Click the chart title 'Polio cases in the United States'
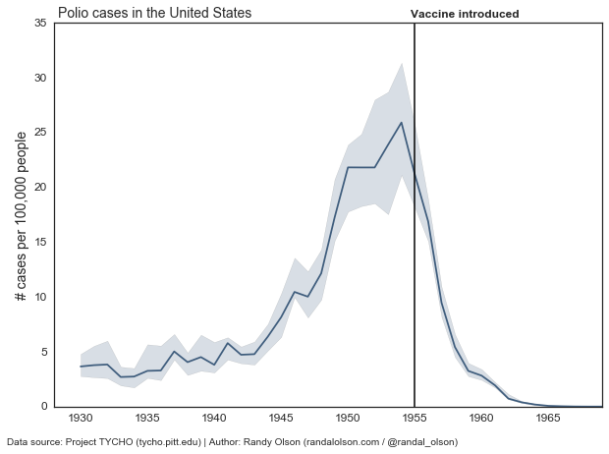point(154,13)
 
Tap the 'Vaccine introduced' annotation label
point(465,14)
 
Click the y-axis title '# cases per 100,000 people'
point(21,215)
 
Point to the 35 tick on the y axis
point(40,23)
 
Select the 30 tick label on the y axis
point(40,78)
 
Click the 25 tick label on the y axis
point(40,133)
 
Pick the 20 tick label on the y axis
point(40,187)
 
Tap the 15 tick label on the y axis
point(40,242)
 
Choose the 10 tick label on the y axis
point(40,297)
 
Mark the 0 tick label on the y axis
point(43,406)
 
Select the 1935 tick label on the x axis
point(147,417)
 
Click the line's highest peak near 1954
point(402,123)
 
